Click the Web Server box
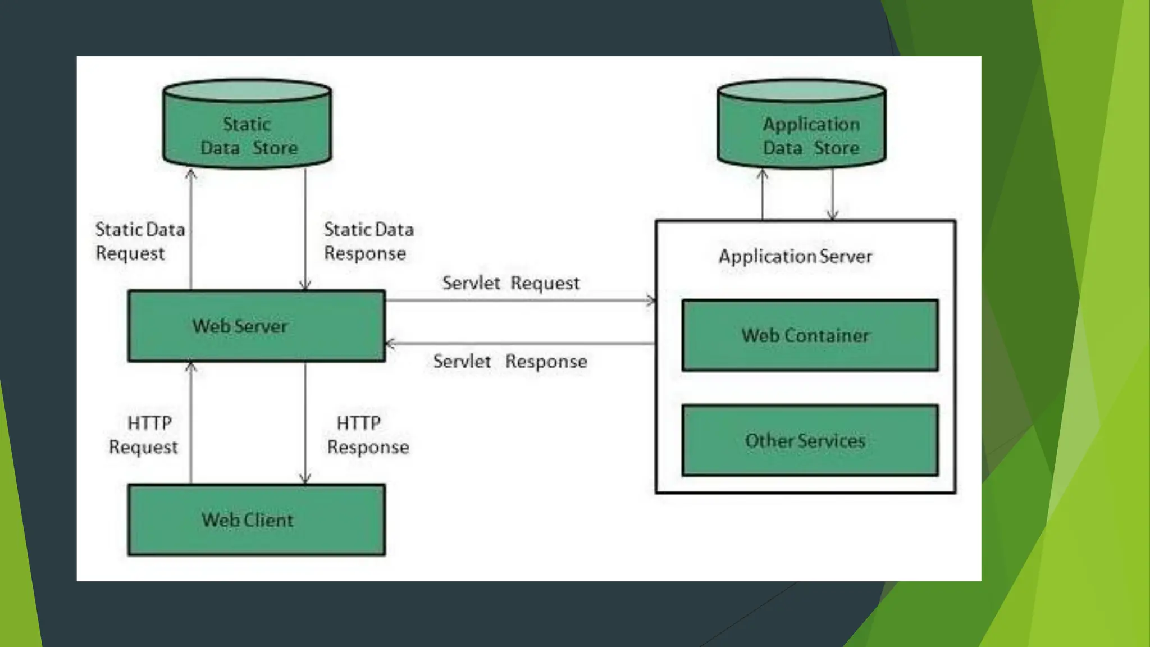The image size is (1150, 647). point(257,326)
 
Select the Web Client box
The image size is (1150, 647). point(257,520)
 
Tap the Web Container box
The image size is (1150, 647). point(810,335)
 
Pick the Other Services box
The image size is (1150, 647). point(810,440)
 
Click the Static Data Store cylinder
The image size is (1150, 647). point(247,124)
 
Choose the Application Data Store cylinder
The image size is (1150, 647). point(802,124)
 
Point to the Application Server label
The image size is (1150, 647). point(796,257)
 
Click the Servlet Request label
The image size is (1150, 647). point(511,283)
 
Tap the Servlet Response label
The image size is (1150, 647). point(510,361)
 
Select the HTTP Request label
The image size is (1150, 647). point(144,435)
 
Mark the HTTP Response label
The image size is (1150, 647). point(368,435)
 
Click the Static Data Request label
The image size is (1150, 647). point(140,241)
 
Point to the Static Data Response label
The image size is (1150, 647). point(369,241)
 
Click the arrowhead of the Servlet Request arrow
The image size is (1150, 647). point(652,300)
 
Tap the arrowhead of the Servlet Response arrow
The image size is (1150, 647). point(389,343)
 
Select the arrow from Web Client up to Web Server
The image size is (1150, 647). point(191,423)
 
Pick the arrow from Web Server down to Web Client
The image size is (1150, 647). point(305,423)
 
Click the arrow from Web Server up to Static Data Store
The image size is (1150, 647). point(191,229)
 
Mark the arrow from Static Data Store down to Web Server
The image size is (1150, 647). point(305,229)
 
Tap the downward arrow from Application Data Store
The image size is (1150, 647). point(832,194)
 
